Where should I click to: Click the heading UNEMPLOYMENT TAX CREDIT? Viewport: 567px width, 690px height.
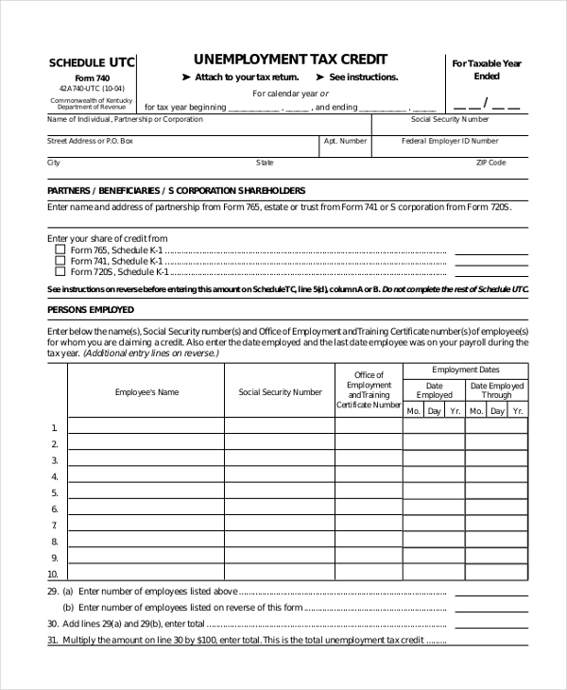(290, 59)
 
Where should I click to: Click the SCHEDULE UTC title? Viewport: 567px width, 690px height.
(92, 62)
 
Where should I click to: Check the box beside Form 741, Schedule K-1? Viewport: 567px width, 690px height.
(60, 261)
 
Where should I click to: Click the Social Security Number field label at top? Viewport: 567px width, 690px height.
(450, 120)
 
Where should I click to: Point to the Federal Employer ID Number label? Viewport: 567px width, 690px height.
(450, 140)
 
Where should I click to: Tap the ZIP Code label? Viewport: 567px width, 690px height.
(490, 163)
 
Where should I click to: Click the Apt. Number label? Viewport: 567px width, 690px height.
(345, 140)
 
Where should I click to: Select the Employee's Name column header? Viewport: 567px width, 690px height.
(146, 391)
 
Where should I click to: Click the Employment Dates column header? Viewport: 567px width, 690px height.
(465, 370)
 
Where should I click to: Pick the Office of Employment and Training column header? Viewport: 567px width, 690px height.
(369, 390)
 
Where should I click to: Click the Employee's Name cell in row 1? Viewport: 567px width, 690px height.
(146, 426)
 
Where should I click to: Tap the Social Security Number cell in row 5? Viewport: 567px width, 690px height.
(280, 492)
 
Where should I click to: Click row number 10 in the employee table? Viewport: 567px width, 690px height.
(52, 574)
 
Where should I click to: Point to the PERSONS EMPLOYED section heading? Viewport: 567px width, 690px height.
(91, 309)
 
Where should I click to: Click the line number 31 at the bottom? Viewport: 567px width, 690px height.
(52, 640)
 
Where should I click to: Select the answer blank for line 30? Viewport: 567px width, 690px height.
(490, 624)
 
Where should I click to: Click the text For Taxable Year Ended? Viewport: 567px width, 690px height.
(486, 70)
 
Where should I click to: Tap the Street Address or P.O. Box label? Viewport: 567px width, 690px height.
(90, 140)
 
